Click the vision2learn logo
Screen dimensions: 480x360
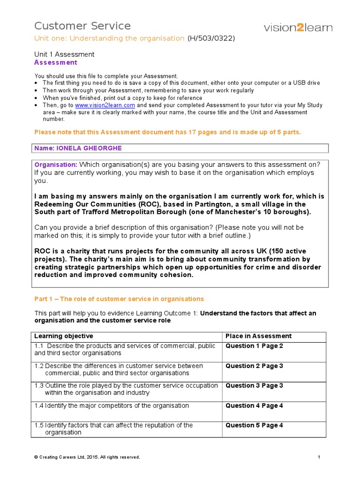click(298, 28)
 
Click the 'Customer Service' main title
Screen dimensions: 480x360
click(82, 26)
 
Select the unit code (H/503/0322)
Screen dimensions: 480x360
click(211, 38)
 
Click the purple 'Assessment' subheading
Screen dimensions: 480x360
click(56, 62)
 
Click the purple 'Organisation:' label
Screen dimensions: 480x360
click(56, 165)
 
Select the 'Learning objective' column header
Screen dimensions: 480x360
click(63, 336)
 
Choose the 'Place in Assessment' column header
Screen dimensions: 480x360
click(258, 336)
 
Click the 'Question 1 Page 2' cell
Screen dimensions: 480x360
click(254, 346)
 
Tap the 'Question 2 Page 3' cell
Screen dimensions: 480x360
click(254, 366)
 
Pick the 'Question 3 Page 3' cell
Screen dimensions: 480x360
click(254, 386)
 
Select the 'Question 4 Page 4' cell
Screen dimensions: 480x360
click(254, 406)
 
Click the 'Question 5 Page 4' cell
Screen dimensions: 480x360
click(254, 426)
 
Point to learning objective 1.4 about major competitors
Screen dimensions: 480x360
click(112, 406)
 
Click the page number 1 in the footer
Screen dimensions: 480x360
click(318, 457)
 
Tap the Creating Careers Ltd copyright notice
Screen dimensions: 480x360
click(87, 457)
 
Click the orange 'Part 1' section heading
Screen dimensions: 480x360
click(119, 299)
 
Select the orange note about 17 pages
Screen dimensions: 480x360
click(168, 133)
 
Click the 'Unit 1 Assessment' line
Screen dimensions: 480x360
click(64, 54)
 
